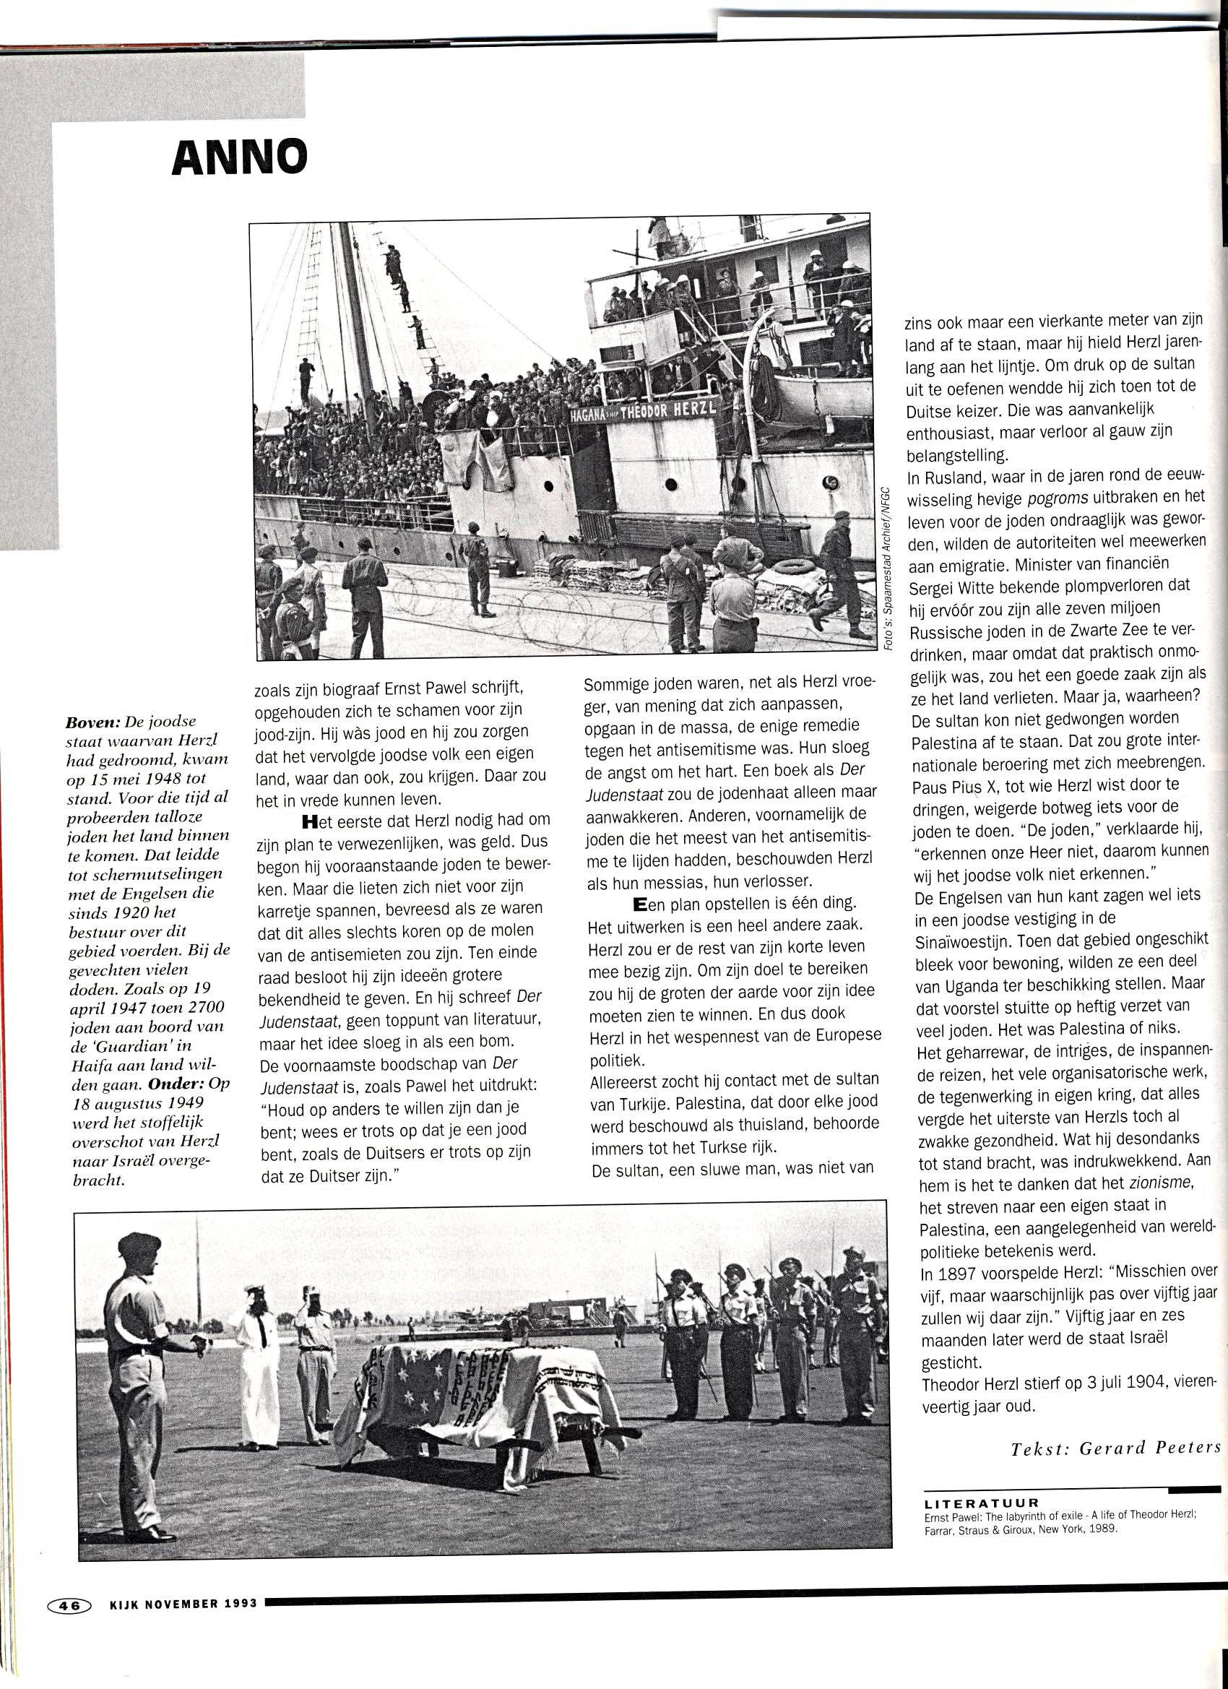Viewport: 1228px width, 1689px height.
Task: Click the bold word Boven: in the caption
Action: (95, 722)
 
